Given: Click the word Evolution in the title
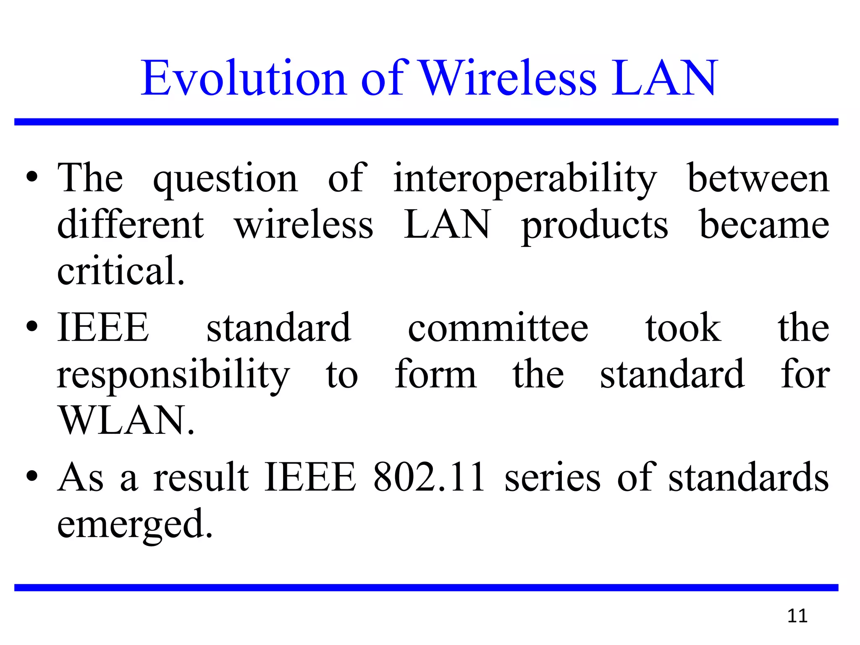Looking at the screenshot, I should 244,79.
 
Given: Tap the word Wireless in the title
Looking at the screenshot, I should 508,79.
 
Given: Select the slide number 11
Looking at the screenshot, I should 797,616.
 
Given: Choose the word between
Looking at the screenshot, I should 758,178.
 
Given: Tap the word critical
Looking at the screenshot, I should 121,270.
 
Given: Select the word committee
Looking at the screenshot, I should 498,328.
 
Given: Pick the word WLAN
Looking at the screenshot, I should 126,420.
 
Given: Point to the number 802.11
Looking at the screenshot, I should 429,477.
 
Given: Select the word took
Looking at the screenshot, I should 683,328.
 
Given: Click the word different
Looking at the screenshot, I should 131,225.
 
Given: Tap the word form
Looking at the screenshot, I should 435,374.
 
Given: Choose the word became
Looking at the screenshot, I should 764,225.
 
